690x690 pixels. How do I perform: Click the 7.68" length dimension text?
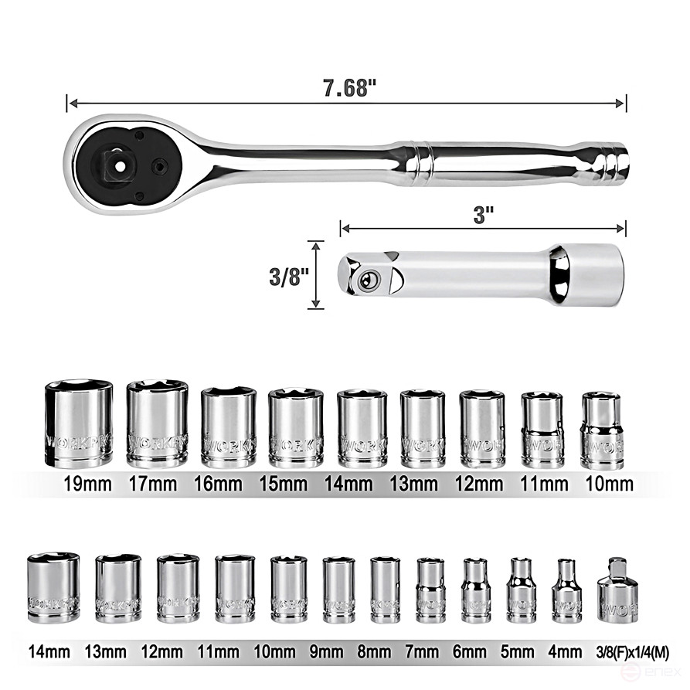(349, 87)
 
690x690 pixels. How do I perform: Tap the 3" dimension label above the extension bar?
(484, 215)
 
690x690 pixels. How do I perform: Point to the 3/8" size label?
(288, 276)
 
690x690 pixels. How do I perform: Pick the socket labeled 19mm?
(79, 424)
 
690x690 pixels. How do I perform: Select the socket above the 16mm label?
(228, 427)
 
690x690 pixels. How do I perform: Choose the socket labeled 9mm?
(338, 590)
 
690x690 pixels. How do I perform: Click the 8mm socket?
(385, 590)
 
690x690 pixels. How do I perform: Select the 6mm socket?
(476, 591)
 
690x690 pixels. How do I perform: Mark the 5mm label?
(522, 651)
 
